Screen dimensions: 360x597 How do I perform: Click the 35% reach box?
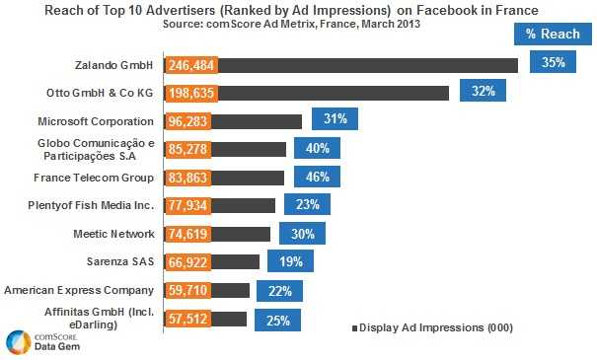tap(553, 62)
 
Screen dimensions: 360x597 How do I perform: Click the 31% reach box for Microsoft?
tap(335, 119)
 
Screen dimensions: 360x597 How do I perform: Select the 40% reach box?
tap(317, 148)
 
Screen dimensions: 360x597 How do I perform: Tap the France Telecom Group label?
tap(97, 178)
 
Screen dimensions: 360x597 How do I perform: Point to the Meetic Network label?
tap(114, 234)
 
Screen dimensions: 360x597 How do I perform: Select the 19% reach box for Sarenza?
tap(290, 261)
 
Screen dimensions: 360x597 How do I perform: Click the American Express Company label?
tap(80, 291)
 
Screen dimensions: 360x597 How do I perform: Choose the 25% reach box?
tap(277, 320)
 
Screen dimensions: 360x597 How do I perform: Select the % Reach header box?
tap(553, 34)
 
